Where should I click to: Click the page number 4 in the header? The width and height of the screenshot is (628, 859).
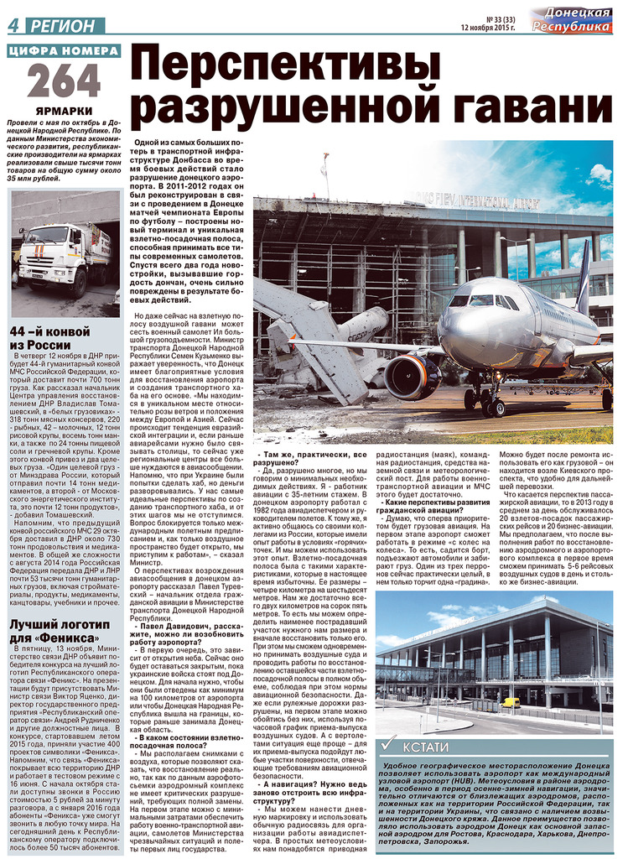13,26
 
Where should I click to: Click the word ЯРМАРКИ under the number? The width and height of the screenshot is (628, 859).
64,111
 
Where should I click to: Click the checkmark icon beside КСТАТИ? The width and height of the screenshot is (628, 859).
388,745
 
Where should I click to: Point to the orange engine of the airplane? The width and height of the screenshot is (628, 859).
413,377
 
